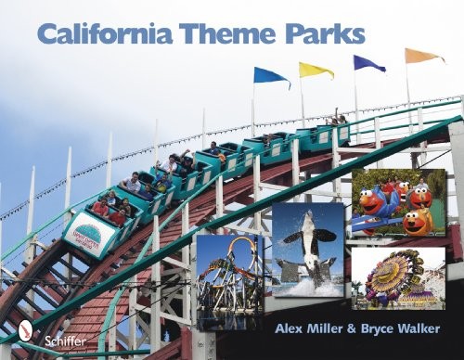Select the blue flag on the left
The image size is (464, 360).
coord(272,75)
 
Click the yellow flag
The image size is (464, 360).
coord(316,70)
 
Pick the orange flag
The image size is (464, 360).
coord(422,56)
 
